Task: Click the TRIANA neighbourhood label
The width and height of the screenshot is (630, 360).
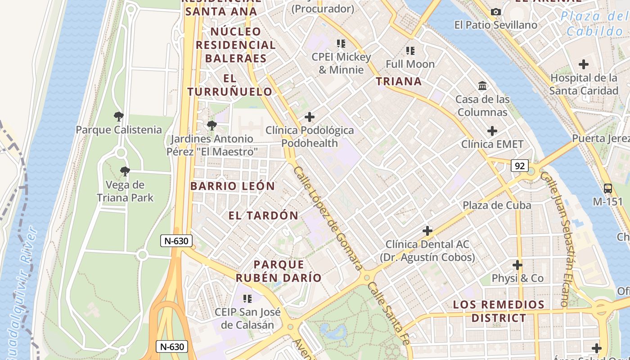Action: [399, 81]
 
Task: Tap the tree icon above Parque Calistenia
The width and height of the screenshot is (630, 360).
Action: [119, 117]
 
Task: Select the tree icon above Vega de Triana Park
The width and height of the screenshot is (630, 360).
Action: [125, 171]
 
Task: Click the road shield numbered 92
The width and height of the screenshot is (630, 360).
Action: [519, 166]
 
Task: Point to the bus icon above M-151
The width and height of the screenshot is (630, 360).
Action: [607, 189]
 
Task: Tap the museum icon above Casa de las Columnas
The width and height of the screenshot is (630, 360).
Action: [482, 85]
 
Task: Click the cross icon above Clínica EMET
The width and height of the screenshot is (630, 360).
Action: [492, 131]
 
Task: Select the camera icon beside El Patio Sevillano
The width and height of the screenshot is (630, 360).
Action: [496, 12]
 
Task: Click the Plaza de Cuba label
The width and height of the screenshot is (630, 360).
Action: [497, 205]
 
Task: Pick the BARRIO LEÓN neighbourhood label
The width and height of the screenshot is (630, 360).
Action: [233, 186]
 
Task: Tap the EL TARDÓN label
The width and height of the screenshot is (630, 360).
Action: [263, 216]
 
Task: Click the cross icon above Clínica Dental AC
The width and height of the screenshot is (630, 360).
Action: [427, 231]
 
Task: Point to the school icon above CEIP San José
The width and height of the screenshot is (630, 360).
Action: [247, 298]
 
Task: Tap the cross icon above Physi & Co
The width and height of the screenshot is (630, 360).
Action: [517, 265]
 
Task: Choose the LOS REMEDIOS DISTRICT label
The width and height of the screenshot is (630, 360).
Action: [499, 311]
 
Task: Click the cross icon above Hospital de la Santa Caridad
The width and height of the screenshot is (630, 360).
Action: [584, 64]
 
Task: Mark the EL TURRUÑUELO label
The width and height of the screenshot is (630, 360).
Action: [229, 85]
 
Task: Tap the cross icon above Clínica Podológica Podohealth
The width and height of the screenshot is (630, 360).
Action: [310, 117]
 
